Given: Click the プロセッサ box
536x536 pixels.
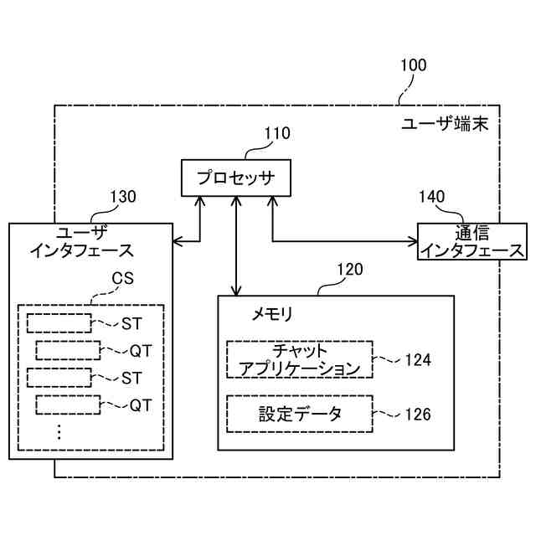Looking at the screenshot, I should (x=236, y=178).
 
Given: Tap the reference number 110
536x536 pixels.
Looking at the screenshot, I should (x=277, y=132).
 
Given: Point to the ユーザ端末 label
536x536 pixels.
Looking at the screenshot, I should (x=451, y=124).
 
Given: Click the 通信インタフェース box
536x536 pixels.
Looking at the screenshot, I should (x=472, y=242).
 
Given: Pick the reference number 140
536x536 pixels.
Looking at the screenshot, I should (x=431, y=197).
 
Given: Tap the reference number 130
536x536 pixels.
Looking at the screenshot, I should (x=123, y=197).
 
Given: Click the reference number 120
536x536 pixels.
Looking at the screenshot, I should (x=350, y=270).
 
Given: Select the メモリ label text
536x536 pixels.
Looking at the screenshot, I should (x=272, y=314).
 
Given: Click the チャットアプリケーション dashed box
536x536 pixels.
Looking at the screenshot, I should (x=299, y=359).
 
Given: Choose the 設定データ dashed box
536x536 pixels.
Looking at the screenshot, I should (x=299, y=414).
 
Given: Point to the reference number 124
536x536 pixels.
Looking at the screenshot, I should (x=417, y=360).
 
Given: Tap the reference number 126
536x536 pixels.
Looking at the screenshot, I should (x=417, y=415).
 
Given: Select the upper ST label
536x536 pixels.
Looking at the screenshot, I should (x=131, y=323).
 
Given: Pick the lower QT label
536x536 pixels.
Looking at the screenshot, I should (x=140, y=405).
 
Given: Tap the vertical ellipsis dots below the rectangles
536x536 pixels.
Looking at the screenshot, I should (x=59, y=432).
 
